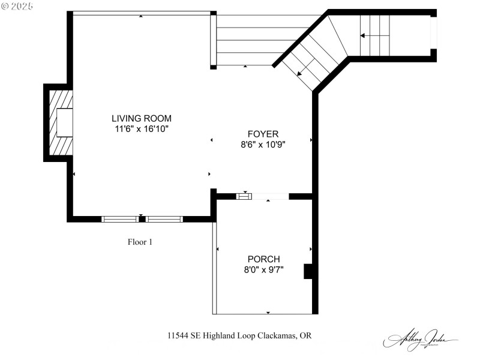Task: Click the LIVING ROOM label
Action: [x=143, y=118]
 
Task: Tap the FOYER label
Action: [x=263, y=134]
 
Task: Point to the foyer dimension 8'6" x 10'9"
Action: [x=263, y=145]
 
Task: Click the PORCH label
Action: [x=263, y=259]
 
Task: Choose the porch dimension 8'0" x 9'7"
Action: [x=263, y=270]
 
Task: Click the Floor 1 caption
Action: [x=140, y=242]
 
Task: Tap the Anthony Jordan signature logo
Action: [x=420, y=339]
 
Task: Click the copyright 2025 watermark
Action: [x=18, y=5]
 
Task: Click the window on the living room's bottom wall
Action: [x=142, y=219]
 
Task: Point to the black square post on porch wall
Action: [x=308, y=271]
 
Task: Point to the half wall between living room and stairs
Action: [x=213, y=40]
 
